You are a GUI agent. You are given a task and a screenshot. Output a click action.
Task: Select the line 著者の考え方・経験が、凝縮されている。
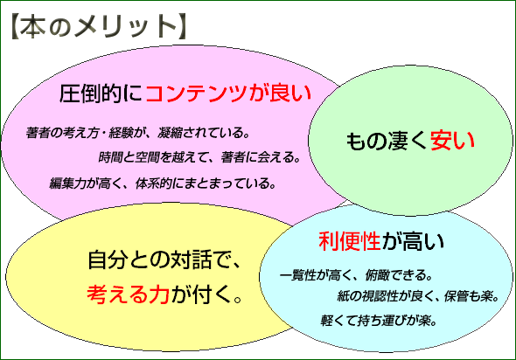138,134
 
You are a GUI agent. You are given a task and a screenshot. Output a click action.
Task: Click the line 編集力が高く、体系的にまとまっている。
164,183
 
